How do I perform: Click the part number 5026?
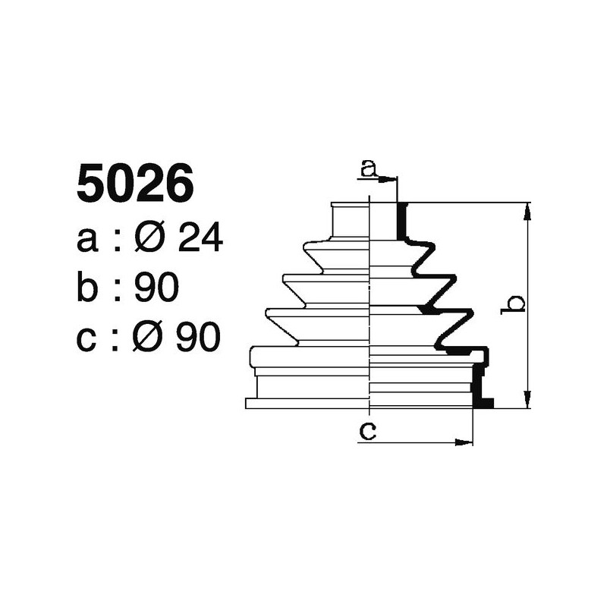(x=135, y=185)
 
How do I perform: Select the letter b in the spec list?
(x=88, y=288)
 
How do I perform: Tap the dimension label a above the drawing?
(x=368, y=168)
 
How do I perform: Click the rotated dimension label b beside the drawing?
(x=515, y=304)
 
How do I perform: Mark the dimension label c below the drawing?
(x=368, y=431)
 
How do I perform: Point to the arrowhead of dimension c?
(x=465, y=441)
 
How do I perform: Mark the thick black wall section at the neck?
(x=402, y=221)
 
